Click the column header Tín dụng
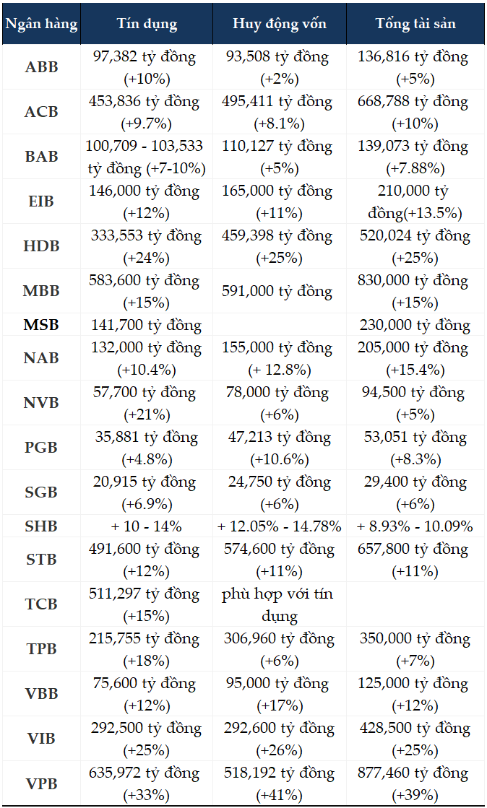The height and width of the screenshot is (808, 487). click(147, 24)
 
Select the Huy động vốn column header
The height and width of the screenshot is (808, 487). click(280, 24)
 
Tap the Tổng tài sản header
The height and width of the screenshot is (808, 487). click(415, 24)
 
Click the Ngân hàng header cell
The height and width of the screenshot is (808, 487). click(40, 24)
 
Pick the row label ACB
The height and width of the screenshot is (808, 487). click(40, 112)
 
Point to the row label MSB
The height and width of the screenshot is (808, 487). click(40, 325)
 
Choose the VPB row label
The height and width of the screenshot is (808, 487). click(40, 783)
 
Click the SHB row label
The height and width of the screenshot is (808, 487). click(40, 526)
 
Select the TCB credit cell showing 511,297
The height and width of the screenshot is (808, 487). click(147, 604)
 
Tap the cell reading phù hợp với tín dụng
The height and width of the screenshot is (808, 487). click(280, 604)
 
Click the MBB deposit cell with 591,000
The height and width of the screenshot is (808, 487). click(280, 291)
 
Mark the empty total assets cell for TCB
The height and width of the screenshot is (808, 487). click(415, 604)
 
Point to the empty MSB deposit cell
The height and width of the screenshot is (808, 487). click(280, 325)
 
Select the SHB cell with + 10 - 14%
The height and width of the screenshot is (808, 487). click(147, 526)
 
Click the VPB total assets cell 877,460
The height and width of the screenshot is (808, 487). click(415, 783)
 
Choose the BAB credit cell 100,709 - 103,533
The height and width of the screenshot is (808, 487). click(147, 157)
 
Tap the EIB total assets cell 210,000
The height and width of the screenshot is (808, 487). click(415, 201)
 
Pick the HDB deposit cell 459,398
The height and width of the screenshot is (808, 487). click(280, 246)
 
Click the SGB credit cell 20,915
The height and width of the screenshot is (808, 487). click(147, 492)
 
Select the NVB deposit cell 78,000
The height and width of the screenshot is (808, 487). click(280, 403)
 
